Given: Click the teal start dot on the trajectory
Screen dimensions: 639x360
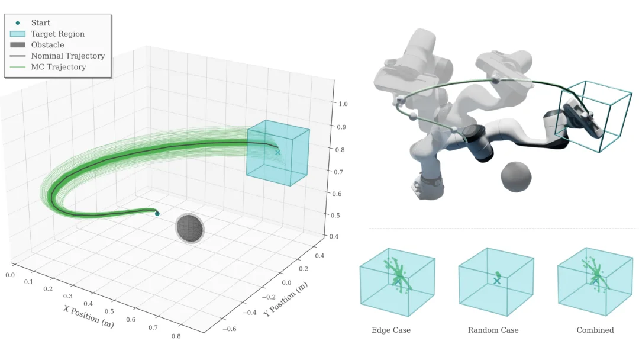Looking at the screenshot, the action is click(157, 214).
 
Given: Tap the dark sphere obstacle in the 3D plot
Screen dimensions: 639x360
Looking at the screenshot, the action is click(189, 228).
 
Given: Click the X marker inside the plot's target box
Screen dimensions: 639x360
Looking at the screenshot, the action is click(278, 153).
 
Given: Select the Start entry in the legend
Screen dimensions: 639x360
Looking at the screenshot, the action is click(41, 23).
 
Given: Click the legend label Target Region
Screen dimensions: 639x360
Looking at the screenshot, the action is click(58, 34).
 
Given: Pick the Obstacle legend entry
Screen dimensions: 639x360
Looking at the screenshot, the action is click(48, 45).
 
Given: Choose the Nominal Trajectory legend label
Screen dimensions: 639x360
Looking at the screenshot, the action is click(68, 56).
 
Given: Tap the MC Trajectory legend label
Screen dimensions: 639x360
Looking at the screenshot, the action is click(59, 67).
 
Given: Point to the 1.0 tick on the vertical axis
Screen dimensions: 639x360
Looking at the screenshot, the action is click(343, 104).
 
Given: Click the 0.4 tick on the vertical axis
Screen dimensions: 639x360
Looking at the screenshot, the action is click(334, 236).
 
